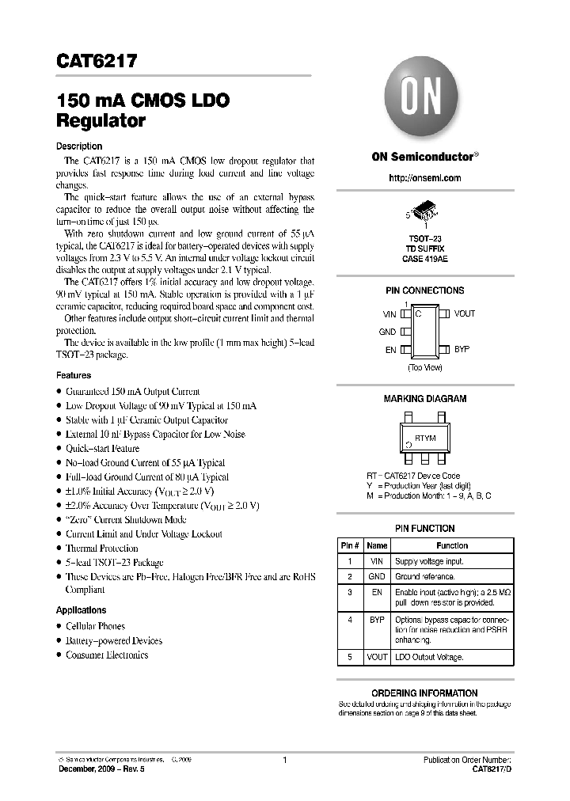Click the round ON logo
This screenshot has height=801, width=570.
coord(424,101)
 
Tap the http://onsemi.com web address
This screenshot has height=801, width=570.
coord(425,178)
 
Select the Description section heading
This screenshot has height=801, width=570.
coord(79,146)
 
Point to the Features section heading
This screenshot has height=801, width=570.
coord(74,375)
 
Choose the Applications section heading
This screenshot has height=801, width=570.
coord(81,610)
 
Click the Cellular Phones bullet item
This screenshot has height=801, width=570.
coord(96,626)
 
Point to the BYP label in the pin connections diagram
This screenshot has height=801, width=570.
coord(462,349)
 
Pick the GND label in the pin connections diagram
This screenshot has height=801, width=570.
coord(387,332)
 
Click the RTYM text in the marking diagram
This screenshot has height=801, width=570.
coord(425,438)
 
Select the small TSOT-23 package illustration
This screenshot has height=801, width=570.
coord(425,211)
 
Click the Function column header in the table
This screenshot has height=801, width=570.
coord(452,545)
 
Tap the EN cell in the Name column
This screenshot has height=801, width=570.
coord(378,591)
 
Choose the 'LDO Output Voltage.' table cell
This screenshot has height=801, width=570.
coord(429,657)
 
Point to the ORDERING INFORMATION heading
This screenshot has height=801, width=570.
coord(424,693)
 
